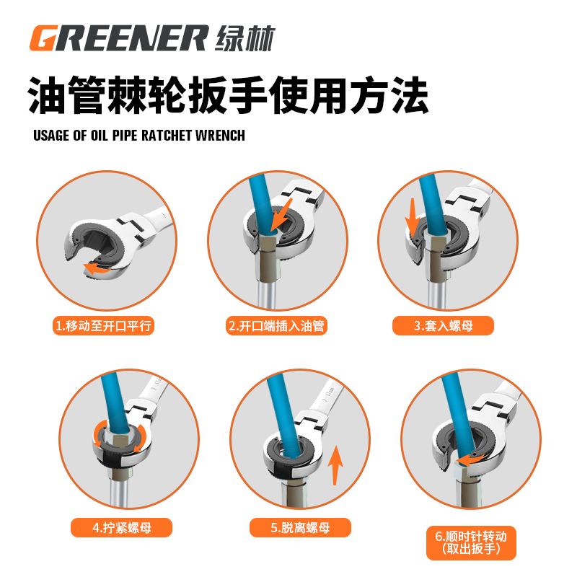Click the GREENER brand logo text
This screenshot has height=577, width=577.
(x=119, y=38)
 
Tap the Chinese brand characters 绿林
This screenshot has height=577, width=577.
(x=245, y=38)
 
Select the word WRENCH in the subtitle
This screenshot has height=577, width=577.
(x=220, y=136)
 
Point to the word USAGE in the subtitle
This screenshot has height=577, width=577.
(x=51, y=136)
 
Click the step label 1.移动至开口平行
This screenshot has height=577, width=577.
(x=103, y=326)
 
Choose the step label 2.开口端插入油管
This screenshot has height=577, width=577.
(x=276, y=326)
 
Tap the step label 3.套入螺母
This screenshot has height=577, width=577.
(x=443, y=326)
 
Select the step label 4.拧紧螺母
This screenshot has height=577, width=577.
(x=121, y=527)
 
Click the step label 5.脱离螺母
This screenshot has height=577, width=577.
(x=300, y=527)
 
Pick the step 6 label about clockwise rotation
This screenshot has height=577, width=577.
(x=472, y=543)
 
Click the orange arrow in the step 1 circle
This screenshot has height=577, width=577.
(x=97, y=268)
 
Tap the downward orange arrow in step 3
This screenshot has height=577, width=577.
(x=413, y=217)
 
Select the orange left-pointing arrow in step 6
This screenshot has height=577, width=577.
(x=470, y=460)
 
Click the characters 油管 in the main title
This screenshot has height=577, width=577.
(x=69, y=95)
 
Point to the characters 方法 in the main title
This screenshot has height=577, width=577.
(x=389, y=95)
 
